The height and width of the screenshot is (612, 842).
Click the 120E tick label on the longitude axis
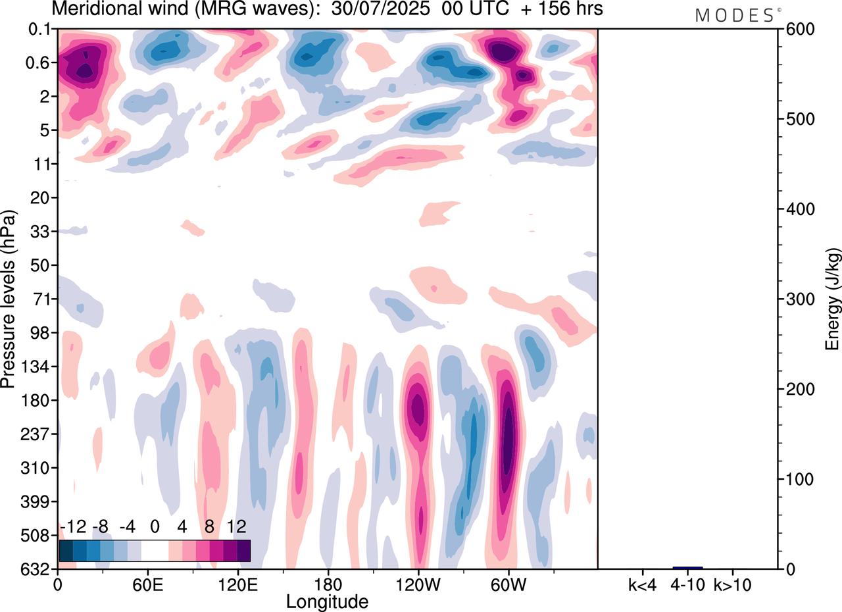(237, 584)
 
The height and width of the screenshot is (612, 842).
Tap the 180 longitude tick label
(328, 584)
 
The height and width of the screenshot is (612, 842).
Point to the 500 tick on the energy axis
(797, 119)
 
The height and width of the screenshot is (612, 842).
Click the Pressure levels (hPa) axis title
(9, 299)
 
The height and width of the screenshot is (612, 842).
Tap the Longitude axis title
(327, 601)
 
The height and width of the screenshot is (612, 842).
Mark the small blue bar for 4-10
(687, 567)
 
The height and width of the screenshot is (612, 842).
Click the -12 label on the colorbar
(72, 527)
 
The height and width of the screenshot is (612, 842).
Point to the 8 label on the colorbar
(209, 527)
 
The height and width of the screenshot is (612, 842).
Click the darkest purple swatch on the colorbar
(243, 551)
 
